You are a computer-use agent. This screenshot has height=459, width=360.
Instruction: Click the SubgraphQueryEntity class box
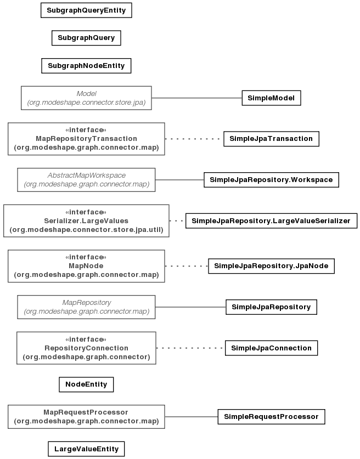(86, 10)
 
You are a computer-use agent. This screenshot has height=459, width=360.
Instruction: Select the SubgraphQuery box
(86, 38)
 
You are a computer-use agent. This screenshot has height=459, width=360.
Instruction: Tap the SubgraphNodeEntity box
(86, 66)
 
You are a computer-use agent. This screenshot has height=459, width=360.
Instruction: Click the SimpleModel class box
(271, 98)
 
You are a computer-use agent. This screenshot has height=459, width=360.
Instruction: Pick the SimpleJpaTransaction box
(271, 139)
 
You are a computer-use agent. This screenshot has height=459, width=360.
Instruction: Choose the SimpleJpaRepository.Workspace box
(271, 180)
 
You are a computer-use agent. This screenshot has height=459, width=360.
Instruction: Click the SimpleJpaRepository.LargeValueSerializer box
(271, 220)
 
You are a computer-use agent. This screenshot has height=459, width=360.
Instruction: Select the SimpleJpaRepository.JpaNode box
(271, 266)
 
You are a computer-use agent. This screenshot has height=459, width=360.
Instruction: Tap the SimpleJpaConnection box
(271, 348)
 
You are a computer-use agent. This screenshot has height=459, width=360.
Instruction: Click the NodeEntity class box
(86, 384)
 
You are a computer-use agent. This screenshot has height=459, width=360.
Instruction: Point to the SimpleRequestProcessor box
(271, 417)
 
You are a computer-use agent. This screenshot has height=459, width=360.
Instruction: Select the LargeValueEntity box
(86, 449)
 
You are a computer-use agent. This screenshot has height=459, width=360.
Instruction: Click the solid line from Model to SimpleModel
(197, 98)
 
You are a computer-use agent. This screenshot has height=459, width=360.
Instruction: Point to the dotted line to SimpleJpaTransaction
(194, 139)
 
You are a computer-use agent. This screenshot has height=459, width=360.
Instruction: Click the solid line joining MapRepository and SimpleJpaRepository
(190, 307)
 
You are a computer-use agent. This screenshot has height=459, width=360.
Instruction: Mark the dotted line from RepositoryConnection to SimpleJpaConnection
(190, 348)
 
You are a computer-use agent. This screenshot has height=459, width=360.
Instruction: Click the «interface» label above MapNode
(86, 257)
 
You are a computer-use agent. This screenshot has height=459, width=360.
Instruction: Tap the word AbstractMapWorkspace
(86, 175)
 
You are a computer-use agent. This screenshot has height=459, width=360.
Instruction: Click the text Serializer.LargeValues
(86, 220)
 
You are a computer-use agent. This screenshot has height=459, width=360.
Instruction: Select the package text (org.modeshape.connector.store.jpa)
(86, 103)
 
